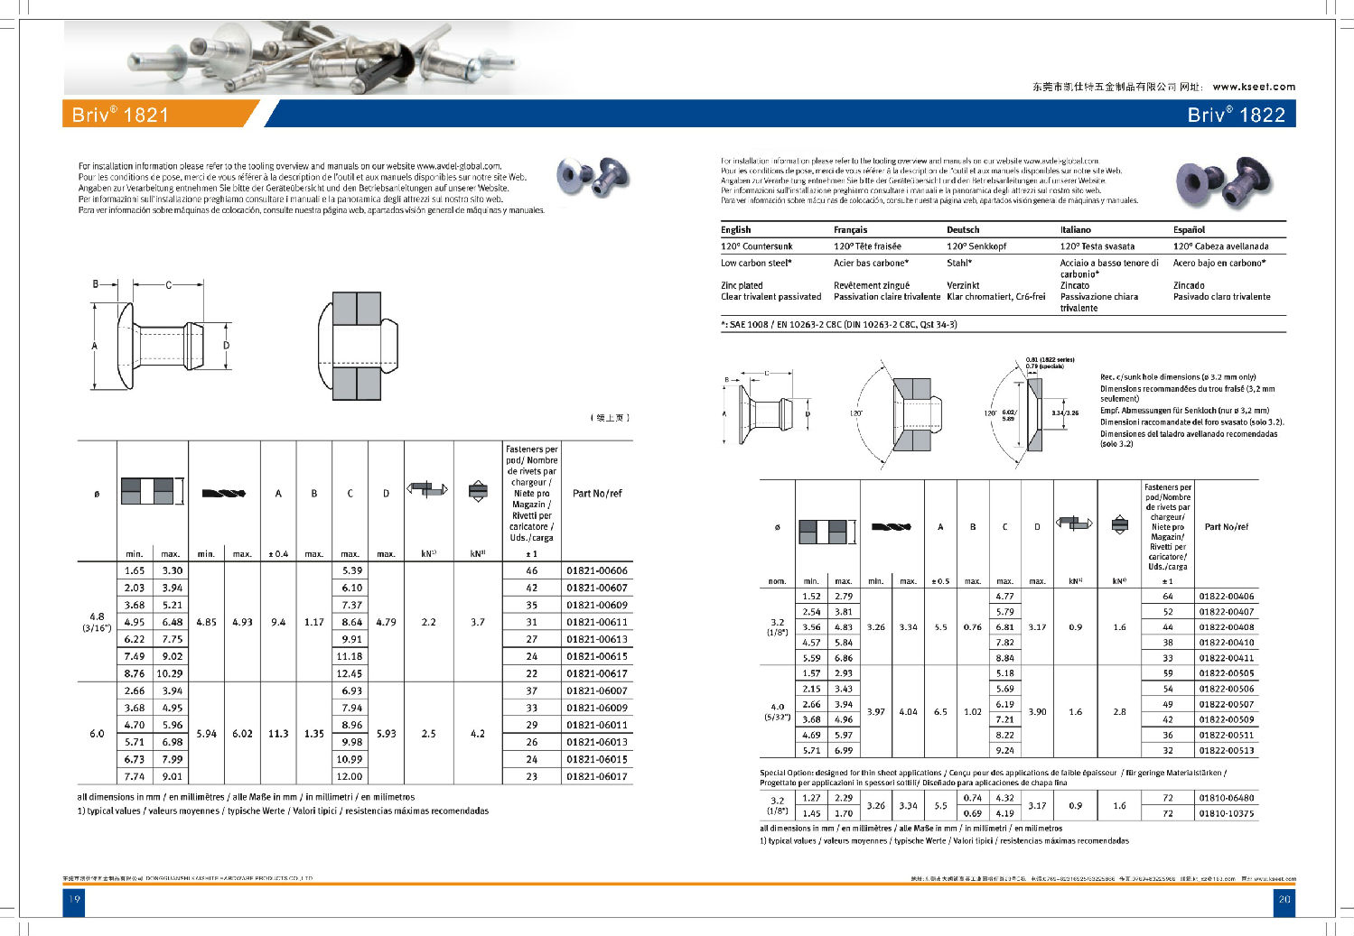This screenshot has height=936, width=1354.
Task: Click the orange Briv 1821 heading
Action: pos(121,115)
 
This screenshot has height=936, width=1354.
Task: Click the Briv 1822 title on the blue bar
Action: pos(1236,115)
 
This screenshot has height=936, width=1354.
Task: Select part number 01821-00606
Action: pos(597,570)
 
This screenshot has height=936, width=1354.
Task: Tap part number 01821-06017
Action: pos(597,776)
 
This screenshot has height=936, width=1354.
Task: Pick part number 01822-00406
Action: pos(1226,597)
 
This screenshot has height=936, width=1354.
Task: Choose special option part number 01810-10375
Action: pos(1226,813)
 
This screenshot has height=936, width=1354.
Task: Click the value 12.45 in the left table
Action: pos(350,673)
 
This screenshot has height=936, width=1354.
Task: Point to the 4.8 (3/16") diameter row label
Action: pos(97,622)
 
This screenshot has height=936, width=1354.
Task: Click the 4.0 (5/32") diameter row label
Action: pos(777,712)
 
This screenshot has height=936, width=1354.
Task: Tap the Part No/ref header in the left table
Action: pos(597,494)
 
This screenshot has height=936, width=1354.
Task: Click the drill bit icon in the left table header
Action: pos(224,493)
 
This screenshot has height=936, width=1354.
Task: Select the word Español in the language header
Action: pos(1189,230)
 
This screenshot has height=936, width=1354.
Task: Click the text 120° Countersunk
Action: pos(756,246)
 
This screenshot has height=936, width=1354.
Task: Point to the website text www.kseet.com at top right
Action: pos(1254,87)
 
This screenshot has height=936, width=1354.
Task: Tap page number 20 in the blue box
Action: pos(1284,899)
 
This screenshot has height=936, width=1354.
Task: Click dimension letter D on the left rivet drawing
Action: pos(227,345)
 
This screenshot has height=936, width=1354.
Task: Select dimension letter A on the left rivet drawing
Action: pos(95,346)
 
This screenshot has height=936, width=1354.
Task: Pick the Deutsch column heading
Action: pos(963,230)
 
